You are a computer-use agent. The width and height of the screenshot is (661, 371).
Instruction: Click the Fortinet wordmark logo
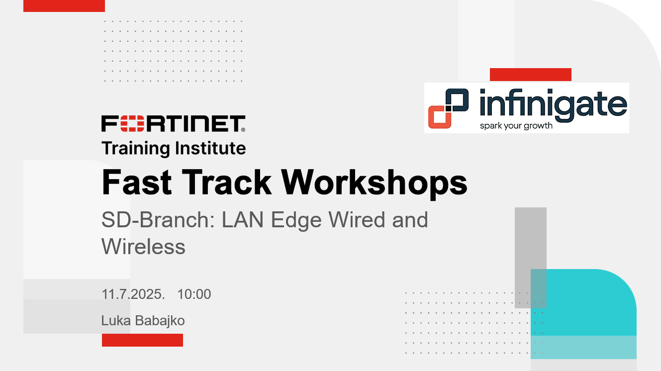173,123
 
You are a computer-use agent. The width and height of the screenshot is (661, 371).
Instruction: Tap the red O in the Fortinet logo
132,123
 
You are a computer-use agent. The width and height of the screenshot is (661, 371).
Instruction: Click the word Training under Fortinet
136,149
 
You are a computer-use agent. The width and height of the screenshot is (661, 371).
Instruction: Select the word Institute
210,148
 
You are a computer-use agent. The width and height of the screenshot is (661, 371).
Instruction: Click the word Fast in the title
137,182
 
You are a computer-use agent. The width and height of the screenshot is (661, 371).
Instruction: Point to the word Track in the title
226,182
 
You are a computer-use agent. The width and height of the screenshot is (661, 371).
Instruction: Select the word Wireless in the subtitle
143,246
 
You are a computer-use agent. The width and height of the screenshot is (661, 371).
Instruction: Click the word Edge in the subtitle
296,220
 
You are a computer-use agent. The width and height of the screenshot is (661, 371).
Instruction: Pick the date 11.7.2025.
133,294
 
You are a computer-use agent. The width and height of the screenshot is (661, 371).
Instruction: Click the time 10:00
194,294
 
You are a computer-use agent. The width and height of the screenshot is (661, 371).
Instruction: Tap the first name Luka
116,321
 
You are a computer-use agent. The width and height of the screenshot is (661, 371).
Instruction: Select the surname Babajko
160,321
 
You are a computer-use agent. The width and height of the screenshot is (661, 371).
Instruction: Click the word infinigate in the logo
553,104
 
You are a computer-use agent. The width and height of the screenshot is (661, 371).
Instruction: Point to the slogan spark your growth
516,126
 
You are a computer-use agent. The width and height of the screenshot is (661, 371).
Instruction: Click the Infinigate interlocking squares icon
449,108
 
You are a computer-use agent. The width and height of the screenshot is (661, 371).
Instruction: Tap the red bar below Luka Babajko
143,340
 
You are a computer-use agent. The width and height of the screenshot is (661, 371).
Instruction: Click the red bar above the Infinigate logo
531,75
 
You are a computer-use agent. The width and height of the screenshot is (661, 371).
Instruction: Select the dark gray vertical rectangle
531,258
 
